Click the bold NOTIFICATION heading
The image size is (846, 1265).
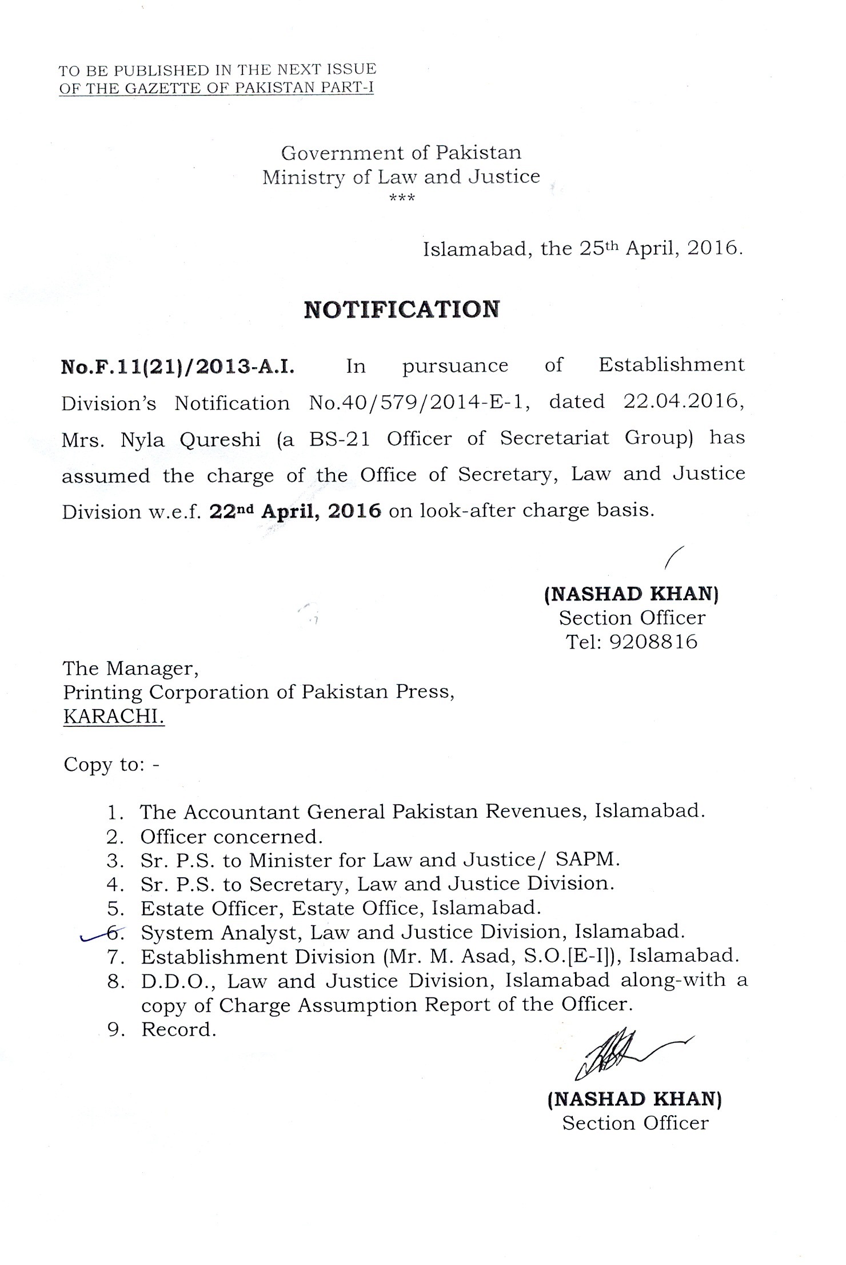pyautogui.click(x=401, y=309)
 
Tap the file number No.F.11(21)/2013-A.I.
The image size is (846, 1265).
pyautogui.click(x=178, y=366)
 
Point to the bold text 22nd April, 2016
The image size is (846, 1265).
pyautogui.click(x=295, y=511)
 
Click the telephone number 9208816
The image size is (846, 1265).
pyautogui.click(x=653, y=642)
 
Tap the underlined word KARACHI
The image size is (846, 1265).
pyautogui.click(x=114, y=717)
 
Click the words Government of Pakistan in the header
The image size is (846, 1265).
pyautogui.click(x=401, y=153)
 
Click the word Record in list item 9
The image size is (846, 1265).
pyautogui.click(x=178, y=1030)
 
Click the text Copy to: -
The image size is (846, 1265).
pyautogui.click(x=111, y=765)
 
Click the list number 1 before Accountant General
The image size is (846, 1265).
pyautogui.click(x=114, y=812)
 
